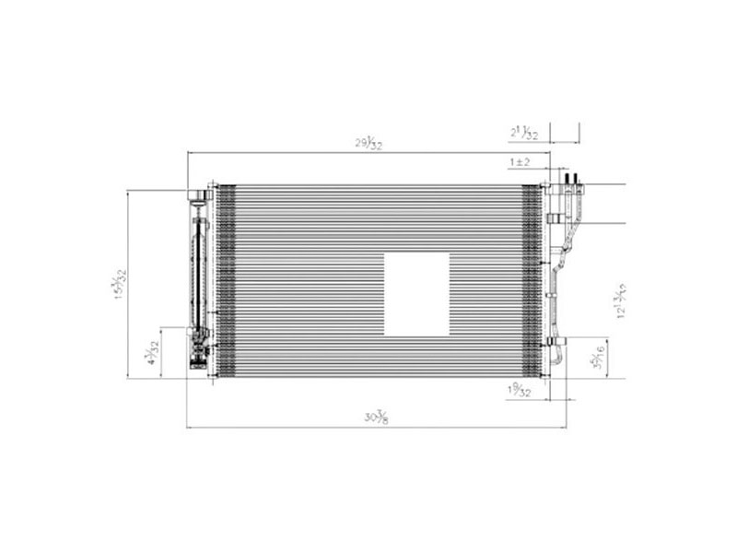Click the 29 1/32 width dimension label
click(369, 143)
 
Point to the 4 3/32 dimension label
click(153, 352)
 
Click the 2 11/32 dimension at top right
click(523, 133)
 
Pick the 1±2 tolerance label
click(520, 162)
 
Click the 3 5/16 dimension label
click(599, 358)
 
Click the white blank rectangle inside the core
click(416, 294)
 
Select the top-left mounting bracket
click(198, 194)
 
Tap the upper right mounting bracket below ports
click(554, 218)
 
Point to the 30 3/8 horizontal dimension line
click(276, 428)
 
